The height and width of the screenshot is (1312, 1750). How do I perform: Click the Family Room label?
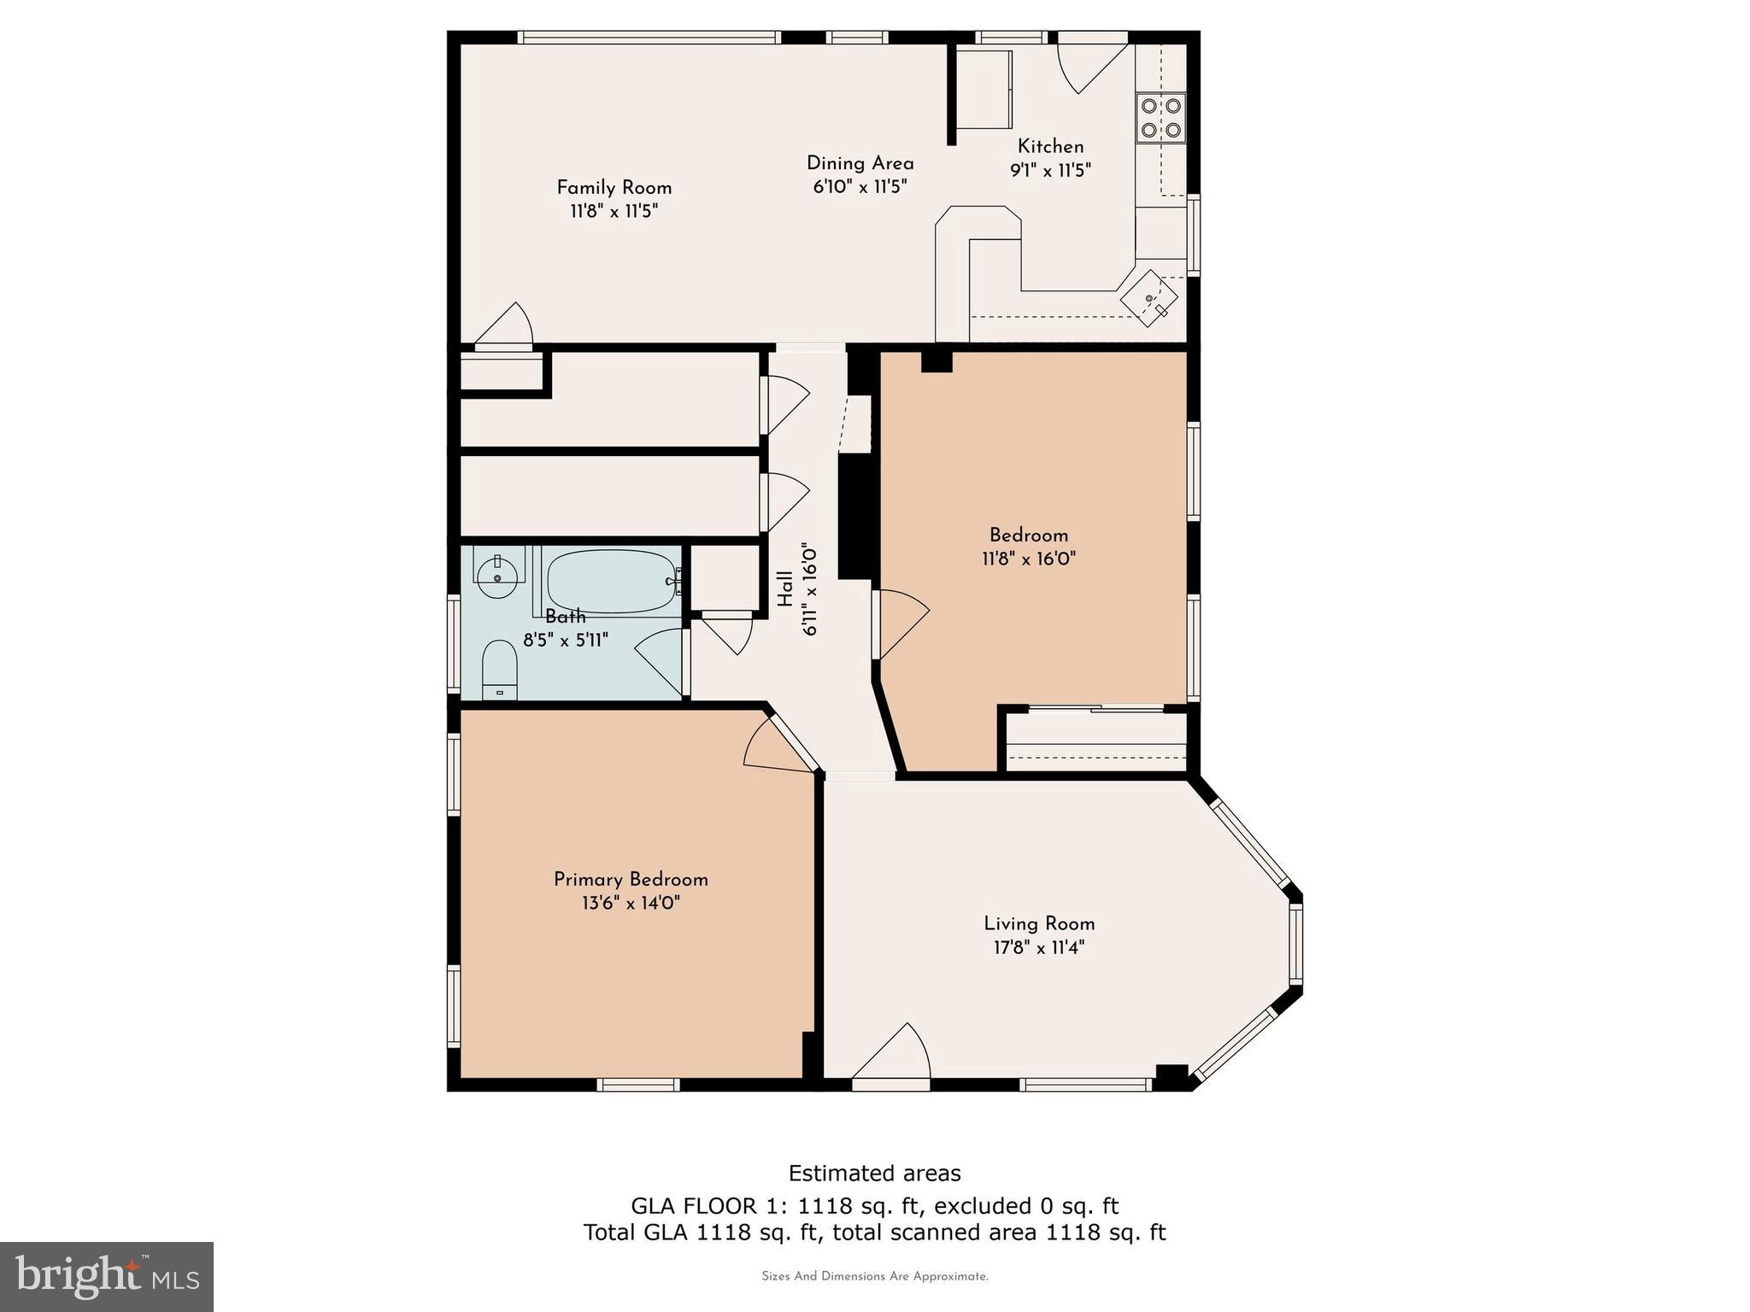click(614, 188)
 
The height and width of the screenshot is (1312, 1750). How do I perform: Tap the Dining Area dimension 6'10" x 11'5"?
click(860, 186)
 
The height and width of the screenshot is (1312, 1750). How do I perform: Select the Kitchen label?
click(1050, 146)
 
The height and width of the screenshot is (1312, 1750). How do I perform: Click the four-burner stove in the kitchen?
click(1161, 118)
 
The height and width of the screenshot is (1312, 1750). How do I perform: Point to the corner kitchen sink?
click(1150, 298)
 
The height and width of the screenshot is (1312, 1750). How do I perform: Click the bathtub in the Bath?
click(613, 582)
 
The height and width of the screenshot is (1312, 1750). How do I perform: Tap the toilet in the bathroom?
click(500, 671)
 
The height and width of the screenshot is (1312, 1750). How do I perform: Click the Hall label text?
click(785, 589)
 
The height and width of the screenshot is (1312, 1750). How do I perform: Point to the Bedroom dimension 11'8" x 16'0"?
click(1028, 559)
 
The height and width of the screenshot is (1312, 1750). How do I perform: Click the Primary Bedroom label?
click(631, 880)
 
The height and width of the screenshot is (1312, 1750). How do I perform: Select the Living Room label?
click(1039, 923)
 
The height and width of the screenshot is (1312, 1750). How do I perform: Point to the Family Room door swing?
click(506, 326)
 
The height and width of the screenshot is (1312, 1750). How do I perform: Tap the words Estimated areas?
click(874, 1173)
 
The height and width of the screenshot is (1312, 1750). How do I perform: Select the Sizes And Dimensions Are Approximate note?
click(874, 1276)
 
